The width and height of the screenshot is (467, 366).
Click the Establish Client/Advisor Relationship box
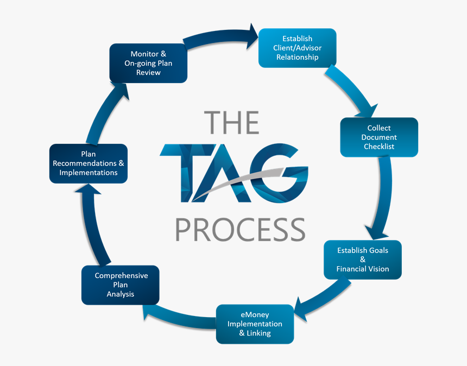point(297,48)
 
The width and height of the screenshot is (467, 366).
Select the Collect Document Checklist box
point(379,137)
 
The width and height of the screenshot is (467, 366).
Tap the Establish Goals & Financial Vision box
point(362,260)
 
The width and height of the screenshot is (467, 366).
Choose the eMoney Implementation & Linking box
point(255,324)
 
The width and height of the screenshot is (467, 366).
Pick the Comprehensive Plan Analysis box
point(121,285)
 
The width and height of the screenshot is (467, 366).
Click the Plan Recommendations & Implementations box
point(89,163)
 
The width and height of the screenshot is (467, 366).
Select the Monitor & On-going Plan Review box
point(148,63)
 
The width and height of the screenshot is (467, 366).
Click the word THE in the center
point(231,123)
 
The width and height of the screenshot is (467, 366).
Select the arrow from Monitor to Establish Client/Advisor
point(220,36)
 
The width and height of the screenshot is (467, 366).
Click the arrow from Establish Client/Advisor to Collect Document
point(353,90)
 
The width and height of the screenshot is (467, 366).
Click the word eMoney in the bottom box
point(255,315)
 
